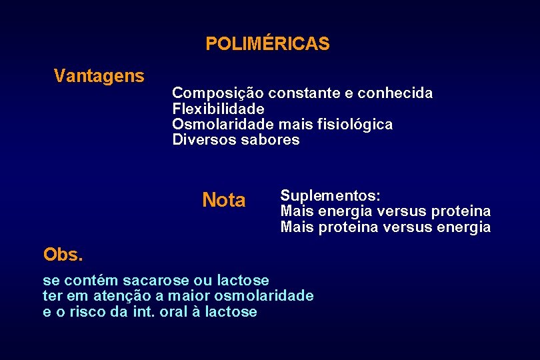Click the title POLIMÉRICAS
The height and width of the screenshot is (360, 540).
(267, 44)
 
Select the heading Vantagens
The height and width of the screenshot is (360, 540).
(99, 76)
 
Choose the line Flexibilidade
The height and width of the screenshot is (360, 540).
(218, 109)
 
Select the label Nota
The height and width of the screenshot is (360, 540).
(223, 201)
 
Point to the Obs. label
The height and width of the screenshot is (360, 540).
(63, 254)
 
